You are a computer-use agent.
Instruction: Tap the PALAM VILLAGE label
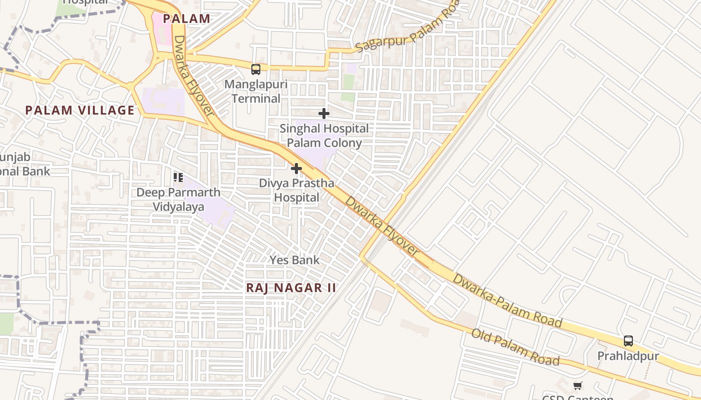[x=80, y=110]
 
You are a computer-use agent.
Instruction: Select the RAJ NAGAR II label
[x=291, y=288]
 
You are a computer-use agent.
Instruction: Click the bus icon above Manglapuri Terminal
[x=256, y=69]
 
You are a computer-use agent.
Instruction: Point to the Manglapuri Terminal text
[x=256, y=91]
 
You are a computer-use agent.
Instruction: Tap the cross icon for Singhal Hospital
[x=324, y=113]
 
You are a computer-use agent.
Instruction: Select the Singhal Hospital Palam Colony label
[x=324, y=135]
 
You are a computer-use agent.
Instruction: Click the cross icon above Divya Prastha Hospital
[x=296, y=168]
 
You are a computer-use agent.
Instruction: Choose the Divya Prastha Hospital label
[x=296, y=190]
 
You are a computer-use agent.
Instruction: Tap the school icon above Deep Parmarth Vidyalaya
[x=178, y=177]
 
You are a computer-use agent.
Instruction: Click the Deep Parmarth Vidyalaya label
[x=178, y=199]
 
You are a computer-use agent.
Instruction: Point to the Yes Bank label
[x=294, y=260]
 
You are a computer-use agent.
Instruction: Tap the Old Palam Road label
[x=515, y=347]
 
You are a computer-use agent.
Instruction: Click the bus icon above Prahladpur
[x=628, y=341]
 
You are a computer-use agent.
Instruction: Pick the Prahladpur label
[x=628, y=356]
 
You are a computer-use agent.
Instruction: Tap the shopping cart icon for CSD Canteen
[x=578, y=385]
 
